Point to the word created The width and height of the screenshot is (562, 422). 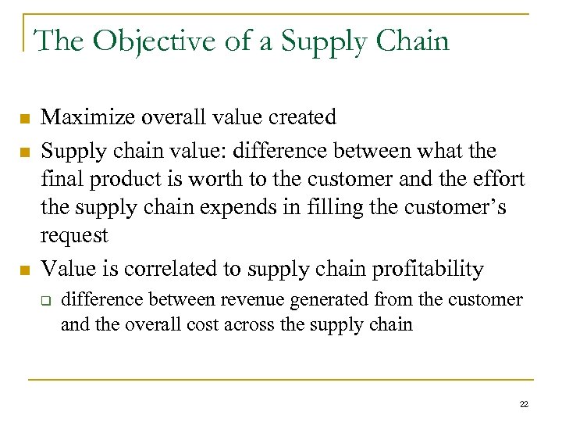click(297, 117)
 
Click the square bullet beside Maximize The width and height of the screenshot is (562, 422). click(25, 119)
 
